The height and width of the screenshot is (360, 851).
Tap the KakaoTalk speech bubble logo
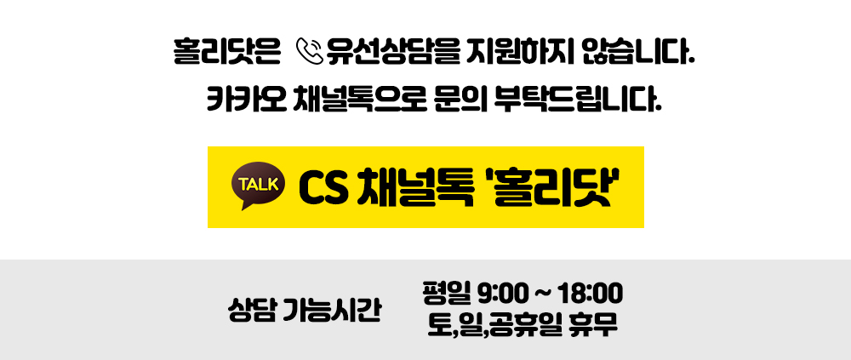point(258,186)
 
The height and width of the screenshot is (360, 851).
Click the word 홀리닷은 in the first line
point(227,52)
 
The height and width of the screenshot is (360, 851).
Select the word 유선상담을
point(390,52)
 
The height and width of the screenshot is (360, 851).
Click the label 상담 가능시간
point(304,310)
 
